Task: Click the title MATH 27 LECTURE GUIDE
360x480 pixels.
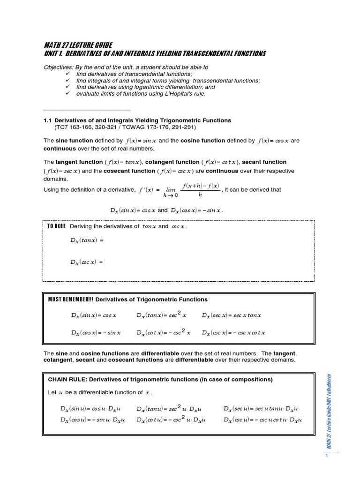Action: tap(78, 45)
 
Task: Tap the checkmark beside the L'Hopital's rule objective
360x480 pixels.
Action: tap(67, 93)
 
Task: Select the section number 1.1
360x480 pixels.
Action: tap(48, 120)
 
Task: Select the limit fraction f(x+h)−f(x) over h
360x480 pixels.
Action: tap(200, 190)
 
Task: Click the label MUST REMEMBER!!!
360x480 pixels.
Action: tap(73, 300)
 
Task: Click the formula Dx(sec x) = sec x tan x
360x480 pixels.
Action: tap(232, 315)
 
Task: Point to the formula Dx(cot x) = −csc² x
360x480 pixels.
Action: tap(164, 332)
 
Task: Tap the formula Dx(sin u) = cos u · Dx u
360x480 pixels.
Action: tap(93, 409)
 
